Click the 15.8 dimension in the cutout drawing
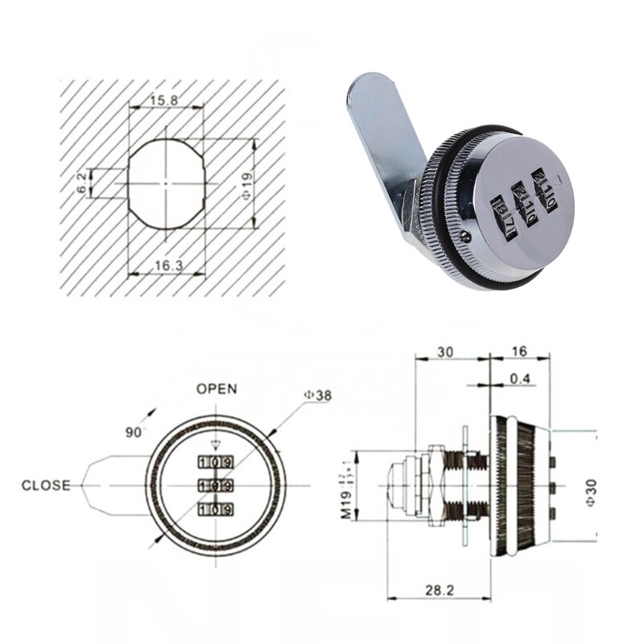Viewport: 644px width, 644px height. click(x=166, y=101)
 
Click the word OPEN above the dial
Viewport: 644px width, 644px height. click(x=217, y=389)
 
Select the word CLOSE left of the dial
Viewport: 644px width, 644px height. click(x=46, y=485)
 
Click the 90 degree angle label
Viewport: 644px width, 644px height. click(x=133, y=432)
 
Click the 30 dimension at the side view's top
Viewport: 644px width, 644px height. click(x=446, y=352)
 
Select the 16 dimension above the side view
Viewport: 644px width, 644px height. click(x=518, y=352)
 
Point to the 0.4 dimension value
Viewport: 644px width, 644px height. click(x=518, y=378)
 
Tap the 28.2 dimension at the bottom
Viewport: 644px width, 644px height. click(x=440, y=590)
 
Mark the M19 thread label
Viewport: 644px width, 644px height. click(x=345, y=491)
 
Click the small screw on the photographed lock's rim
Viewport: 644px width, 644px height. click(x=467, y=236)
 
